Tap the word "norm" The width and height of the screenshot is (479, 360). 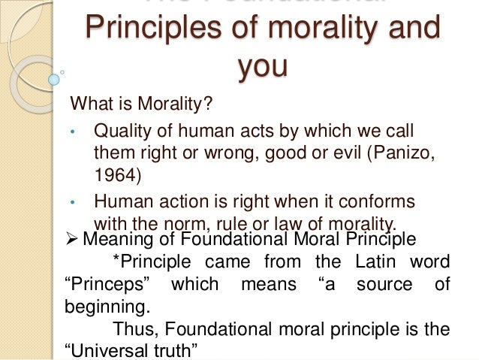pos(176,223)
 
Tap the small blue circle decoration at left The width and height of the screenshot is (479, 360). pos(54,77)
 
